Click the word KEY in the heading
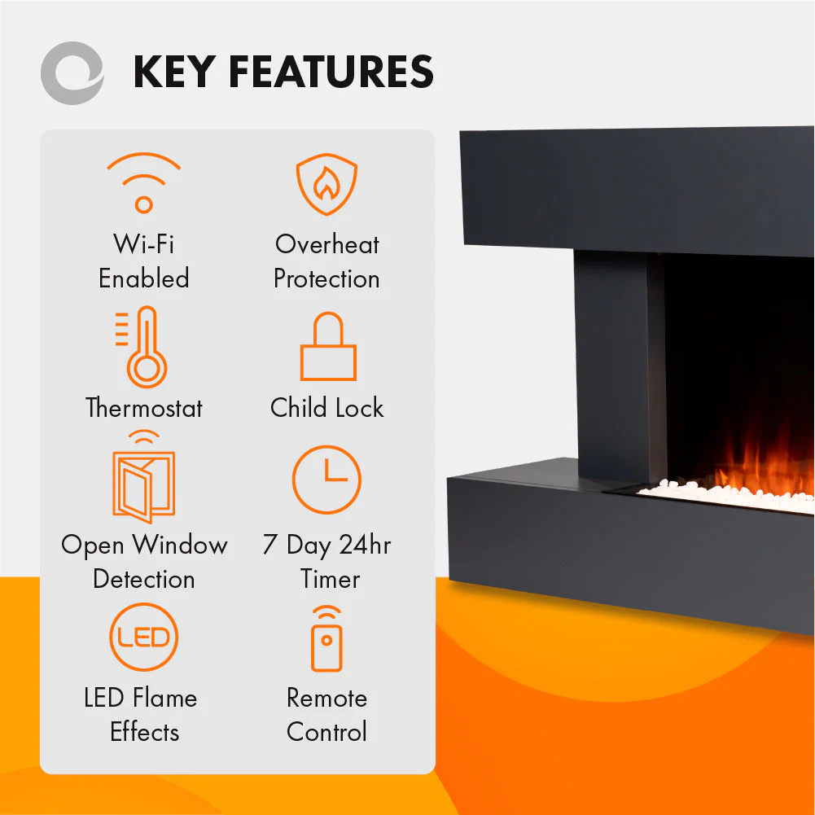point(174,72)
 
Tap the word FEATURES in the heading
point(331,72)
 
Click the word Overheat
point(327,244)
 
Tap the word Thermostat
point(144,407)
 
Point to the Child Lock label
point(327,407)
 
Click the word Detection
point(144,579)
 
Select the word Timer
point(330,579)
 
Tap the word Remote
point(327,698)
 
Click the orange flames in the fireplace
point(764,468)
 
